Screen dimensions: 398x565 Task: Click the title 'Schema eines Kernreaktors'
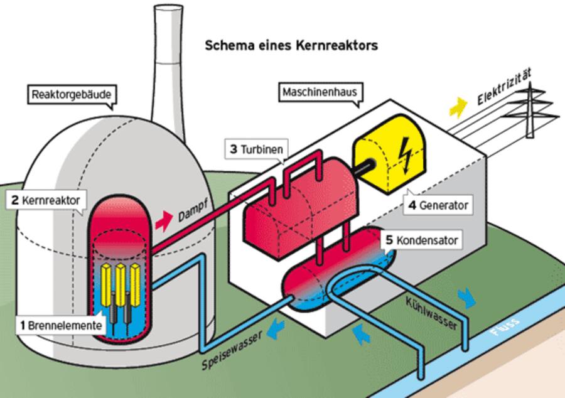[x=291, y=46]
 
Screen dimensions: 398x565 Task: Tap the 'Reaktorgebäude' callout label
[x=73, y=95]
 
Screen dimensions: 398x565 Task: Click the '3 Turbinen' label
[x=256, y=149]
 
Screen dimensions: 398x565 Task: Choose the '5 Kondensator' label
[x=422, y=240]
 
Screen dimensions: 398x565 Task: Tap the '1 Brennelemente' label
[x=60, y=325]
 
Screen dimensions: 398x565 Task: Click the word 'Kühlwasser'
[x=431, y=313]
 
